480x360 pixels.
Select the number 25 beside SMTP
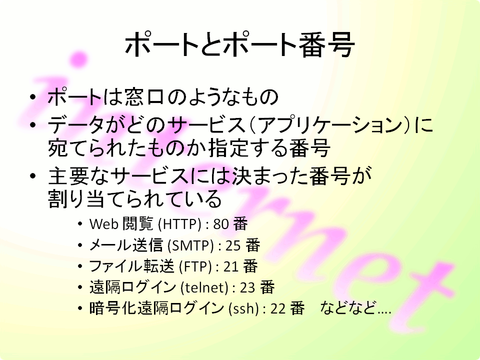tap(233, 245)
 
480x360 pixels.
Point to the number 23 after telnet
tap(247, 287)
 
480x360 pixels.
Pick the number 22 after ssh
tap(278, 308)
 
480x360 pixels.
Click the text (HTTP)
tap(179, 224)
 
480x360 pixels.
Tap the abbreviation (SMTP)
tap(190, 245)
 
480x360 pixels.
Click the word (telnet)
tap(204, 287)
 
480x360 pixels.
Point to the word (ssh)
tap(244, 308)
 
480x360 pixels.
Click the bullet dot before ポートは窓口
tap(33, 97)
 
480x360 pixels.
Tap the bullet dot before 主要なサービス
tap(33, 176)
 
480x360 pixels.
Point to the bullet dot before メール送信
tap(80, 245)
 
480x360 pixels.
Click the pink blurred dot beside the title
tap(78, 59)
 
